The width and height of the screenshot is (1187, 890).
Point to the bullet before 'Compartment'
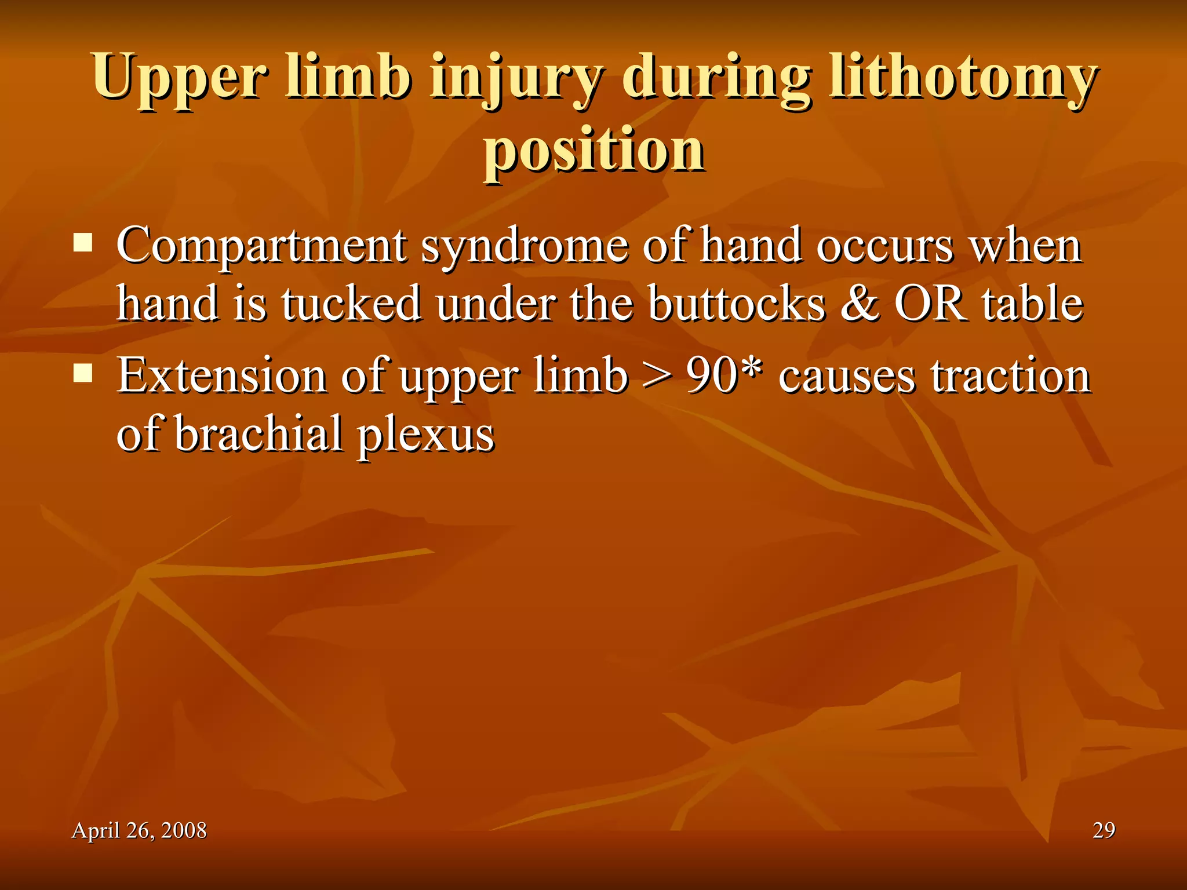click(83, 242)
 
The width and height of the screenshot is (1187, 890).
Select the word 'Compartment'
click(261, 246)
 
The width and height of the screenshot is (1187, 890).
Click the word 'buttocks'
click(737, 303)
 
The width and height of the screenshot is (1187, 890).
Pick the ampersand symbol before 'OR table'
click(860, 303)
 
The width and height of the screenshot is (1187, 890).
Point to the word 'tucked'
click(351, 303)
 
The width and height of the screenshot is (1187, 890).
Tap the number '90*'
click(724, 376)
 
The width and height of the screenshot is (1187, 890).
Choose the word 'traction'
click(1011, 376)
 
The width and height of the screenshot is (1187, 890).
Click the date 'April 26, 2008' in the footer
click(139, 830)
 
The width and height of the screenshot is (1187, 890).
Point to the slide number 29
click(1104, 830)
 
